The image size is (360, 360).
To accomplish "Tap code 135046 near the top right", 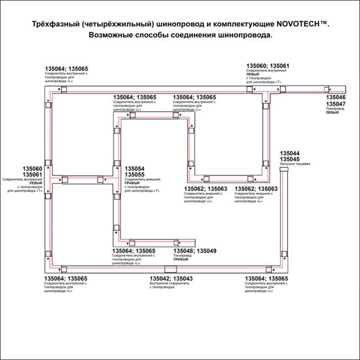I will point(336,97).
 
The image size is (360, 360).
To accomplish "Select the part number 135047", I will point(336,103).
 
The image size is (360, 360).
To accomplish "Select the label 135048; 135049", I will point(194,251).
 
